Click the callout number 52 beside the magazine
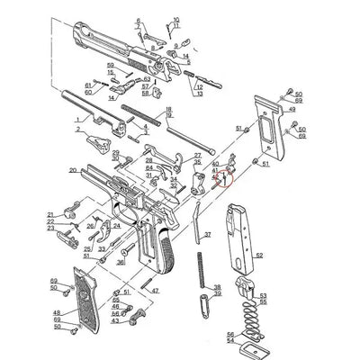click(x=259, y=256)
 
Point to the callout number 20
click(x=72, y=169)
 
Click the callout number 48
click(x=57, y=310)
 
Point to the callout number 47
click(x=155, y=291)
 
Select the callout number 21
click(x=51, y=213)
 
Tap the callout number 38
click(x=216, y=286)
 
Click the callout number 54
click(x=230, y=341)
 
